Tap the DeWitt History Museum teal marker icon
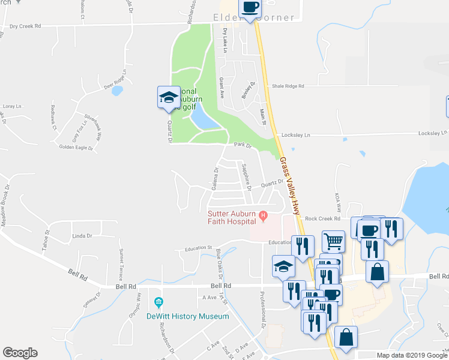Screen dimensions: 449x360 point(158,302)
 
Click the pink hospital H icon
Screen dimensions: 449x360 point(262,215)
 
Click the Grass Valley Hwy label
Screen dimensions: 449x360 point(289,186)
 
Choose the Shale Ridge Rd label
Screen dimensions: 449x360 point(288,86)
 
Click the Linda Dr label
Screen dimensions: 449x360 point(82,236)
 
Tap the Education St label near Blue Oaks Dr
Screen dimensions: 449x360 point(199,247)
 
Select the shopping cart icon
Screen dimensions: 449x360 point(334,241)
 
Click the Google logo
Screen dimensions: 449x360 point(20,353)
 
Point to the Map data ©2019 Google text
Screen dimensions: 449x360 point(412,355)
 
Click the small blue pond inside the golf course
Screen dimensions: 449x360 point(202,122)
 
